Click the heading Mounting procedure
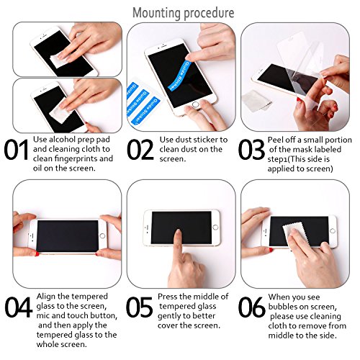(x=184, y=13)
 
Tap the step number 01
(x=16, y=150)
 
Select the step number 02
(x=140, y=150)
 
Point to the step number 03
(x=251, y=150)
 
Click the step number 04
(x=19, y=307)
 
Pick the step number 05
(x=139, y=307)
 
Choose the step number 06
(x=251, y=307)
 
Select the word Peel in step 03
(x=275, y=140)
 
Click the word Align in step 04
(x=46, y=297)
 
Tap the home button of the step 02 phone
(x=196, y=105)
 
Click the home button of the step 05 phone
(x=215, y=227)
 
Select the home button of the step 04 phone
(x=102, y=235)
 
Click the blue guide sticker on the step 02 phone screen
(x=180, y=76)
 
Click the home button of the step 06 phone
(x=333, y=231)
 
